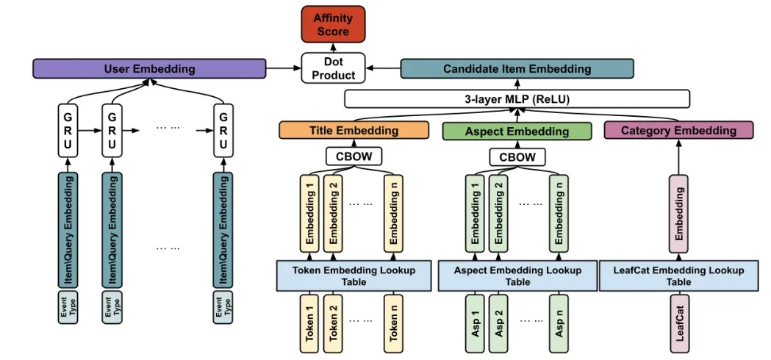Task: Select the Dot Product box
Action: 333,68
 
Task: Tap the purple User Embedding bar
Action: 148,69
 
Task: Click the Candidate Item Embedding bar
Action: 517,69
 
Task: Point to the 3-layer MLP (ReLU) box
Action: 517,99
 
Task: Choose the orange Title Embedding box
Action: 354,131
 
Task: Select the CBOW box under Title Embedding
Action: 354,156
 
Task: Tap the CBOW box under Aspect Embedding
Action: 517,156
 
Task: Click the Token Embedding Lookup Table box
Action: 354,276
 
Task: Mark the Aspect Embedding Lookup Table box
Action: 517,276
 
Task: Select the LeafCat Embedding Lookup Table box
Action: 678,276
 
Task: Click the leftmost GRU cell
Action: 68,130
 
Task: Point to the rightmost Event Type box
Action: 223,307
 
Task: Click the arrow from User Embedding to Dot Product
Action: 284,69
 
